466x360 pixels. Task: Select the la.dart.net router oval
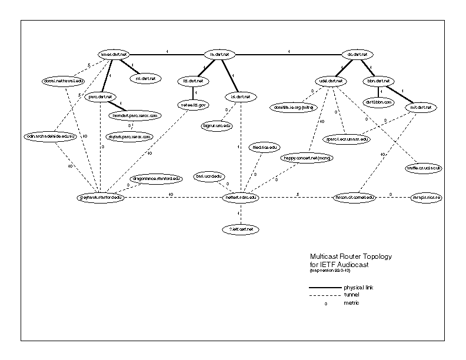[219, 55]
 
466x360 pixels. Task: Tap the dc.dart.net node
[357, 55]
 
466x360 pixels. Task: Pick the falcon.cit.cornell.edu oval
[354, 197]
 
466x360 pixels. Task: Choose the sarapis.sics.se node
[427, 197]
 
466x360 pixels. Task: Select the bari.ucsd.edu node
[209, 176]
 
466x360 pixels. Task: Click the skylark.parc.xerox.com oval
[129, 136]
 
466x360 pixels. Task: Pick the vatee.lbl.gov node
[192, 105]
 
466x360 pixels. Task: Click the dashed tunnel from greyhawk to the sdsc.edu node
[171, 197]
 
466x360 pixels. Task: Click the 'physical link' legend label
[359, 287]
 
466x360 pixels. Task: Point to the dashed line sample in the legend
[324, 295]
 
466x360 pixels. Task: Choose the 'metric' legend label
[352, 302]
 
